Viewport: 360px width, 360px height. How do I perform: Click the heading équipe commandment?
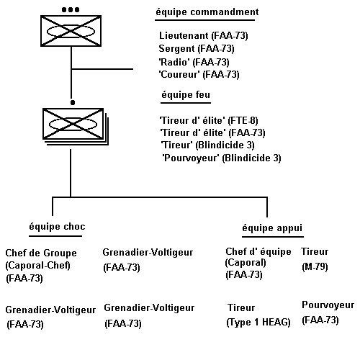click(207, 12)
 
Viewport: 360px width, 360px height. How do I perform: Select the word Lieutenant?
click(184, 35)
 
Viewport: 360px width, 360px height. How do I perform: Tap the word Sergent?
click(176, 48)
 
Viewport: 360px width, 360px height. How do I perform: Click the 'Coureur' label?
click(179, 74)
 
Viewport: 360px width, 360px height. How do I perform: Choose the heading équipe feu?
click(186, 95)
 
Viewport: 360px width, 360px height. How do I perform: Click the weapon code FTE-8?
click(243, 120)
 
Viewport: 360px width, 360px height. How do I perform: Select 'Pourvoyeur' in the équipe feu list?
click(191, 158)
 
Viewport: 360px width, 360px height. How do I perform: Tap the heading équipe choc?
click(57, 227)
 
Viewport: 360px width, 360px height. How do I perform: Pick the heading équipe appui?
click(272, 228)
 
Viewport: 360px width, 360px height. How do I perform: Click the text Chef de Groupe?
click(41, 253)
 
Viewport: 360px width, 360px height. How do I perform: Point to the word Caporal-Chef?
click(37, 266)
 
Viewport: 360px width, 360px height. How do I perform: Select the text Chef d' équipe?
click(258, 251)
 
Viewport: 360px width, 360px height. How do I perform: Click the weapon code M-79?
click(315, 266)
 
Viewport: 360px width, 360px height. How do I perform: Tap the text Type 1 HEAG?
click(258, 322)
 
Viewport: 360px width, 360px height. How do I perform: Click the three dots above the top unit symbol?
click(71, 10)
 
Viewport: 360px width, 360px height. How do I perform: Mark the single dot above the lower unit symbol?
click(73, 103)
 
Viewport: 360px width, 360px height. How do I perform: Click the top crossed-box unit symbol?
click(71, 31)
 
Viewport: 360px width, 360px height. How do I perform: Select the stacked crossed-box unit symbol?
click(76, 127)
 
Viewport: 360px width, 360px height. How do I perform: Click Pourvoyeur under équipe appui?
click(328, 305)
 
